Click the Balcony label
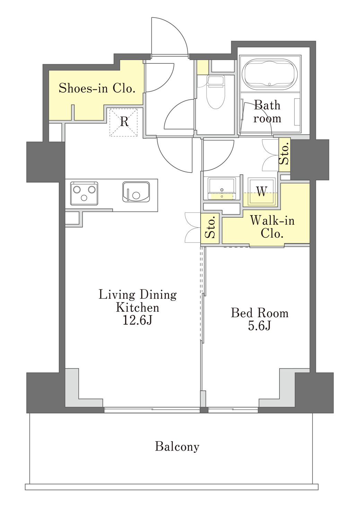(x=177, y=446)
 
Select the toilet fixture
(x=216, y=92)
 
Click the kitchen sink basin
(x=136, y=192)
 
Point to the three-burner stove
(x=84, y=193)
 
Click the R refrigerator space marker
(x=124, y=122)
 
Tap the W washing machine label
(x=261, y=191)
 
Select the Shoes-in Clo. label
(x=97, y=88)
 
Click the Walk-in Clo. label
(x=272, y=226)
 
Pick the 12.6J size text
(x=138, y=320)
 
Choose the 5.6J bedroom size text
(x=259, y=326)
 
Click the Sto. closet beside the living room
(x=210, y=228)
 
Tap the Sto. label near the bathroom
(x=284, y=154)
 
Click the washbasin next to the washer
(x=222, y=189)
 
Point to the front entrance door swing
(x=169, y=37)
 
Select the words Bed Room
(x=260, y=313)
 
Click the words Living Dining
(x=138, y=295)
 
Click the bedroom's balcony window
(x=233, y=410)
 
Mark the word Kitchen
(x=138, y=307)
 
